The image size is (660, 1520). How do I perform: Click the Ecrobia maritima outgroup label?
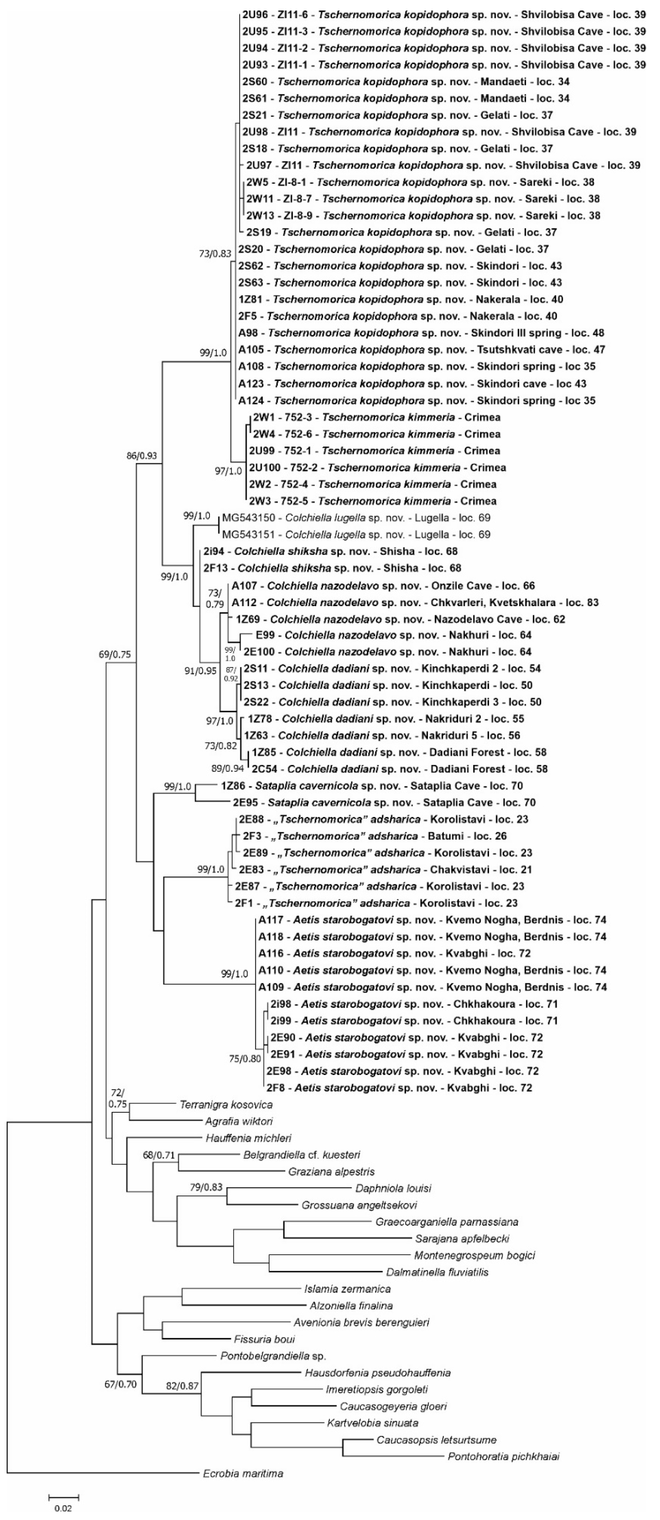click(243, 1474)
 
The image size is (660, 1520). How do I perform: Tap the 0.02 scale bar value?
click(63, 1508)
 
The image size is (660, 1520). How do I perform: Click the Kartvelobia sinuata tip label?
click(373, 1423)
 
